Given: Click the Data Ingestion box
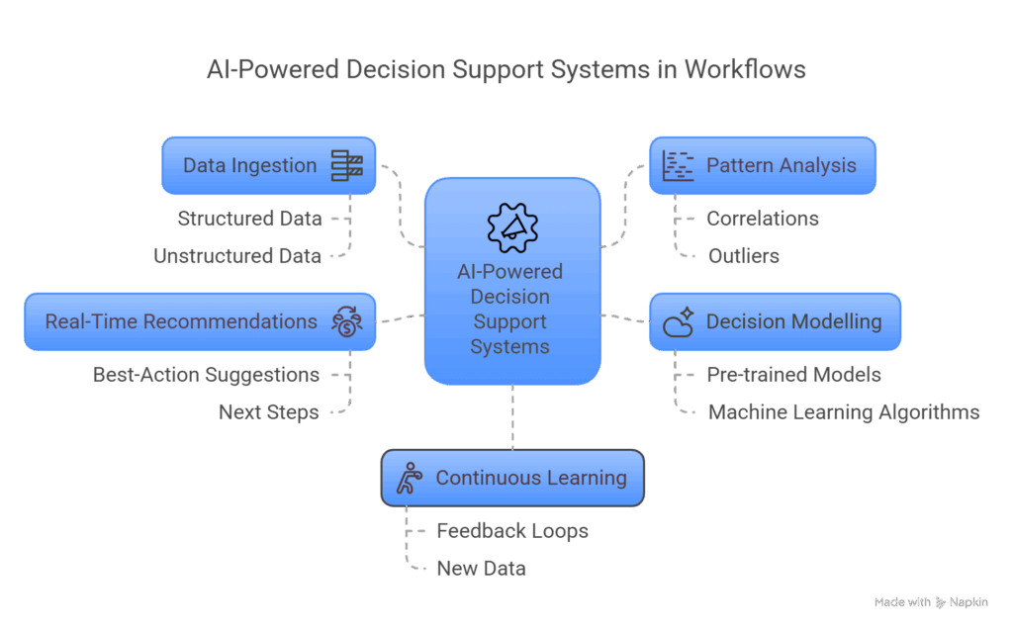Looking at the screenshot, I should (269, 165).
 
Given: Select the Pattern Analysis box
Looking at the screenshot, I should (763, 165).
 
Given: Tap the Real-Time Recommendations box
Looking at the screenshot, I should (200, 321).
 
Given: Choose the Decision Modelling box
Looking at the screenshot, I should (775, 321).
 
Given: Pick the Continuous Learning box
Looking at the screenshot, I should (512, 478).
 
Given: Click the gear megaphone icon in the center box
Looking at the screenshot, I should (512, 226).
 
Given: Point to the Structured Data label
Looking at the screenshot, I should (250, 219).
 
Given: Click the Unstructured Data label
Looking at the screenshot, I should (237, 256).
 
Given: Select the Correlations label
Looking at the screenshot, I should (762, 219).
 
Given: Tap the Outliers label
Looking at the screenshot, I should (743, 256).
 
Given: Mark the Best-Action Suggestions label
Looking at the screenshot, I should (206, 375).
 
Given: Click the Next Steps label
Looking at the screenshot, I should (269, 412).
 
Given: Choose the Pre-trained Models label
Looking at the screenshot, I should (793, 375).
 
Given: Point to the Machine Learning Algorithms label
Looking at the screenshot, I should (844, 412).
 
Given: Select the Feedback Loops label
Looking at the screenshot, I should (512, 531).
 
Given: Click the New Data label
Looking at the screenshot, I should (482, 569).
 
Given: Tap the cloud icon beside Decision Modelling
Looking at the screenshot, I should (679, 322).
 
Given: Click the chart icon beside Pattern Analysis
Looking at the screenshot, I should (679, 165).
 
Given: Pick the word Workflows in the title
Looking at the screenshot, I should (742, 70).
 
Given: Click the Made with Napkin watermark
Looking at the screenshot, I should (930, 602).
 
